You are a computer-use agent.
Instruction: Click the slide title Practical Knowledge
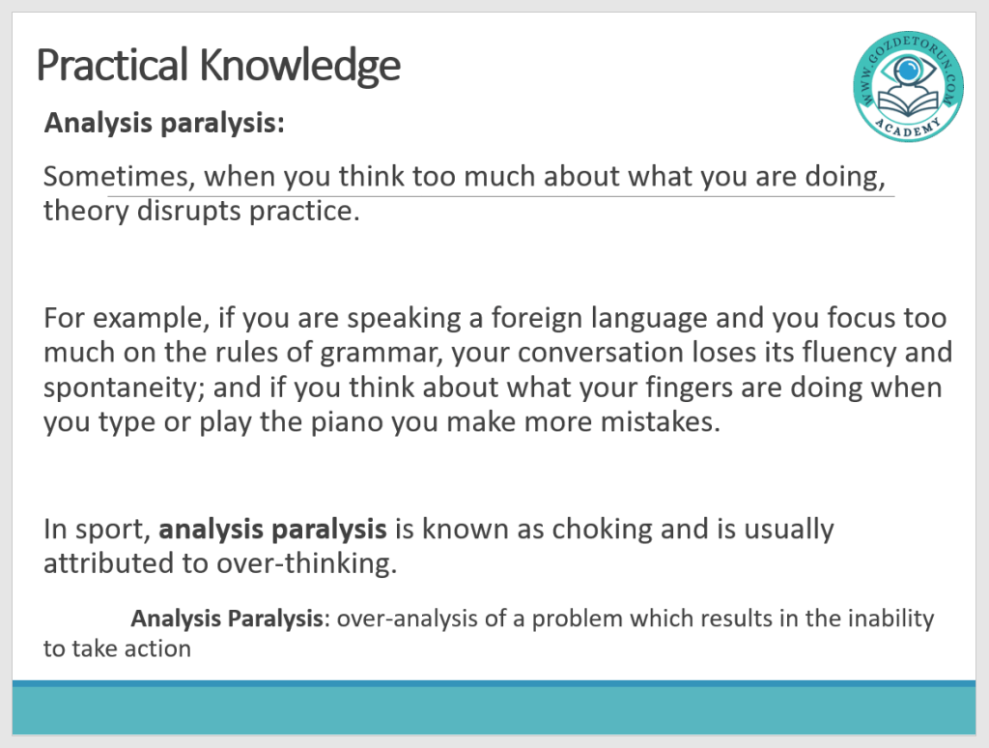tap(218, 66)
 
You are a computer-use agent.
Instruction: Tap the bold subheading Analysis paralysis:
tap(164, 123)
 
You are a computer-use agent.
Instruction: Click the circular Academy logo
tap(908, 86)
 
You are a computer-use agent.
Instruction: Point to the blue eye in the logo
tap(908, 69)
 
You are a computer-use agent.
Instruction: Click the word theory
tap(86, 211)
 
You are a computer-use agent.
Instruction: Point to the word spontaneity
tap(125, 388)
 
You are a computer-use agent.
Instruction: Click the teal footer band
tap(494, 709)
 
